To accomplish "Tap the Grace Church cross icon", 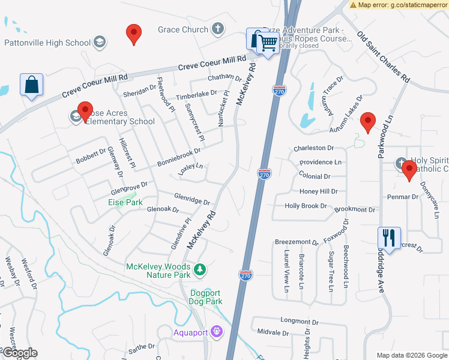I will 218,29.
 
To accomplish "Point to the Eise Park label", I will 125,203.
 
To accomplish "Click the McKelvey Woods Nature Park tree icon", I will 200,271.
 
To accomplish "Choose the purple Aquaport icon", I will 217,331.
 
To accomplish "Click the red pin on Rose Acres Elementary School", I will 85,111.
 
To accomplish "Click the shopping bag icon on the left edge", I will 31,85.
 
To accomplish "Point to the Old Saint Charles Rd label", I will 383,57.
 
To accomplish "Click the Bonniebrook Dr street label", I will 179,154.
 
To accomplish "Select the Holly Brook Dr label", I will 306,206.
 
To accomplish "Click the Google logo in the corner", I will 19,353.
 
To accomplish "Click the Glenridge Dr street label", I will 192,199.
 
